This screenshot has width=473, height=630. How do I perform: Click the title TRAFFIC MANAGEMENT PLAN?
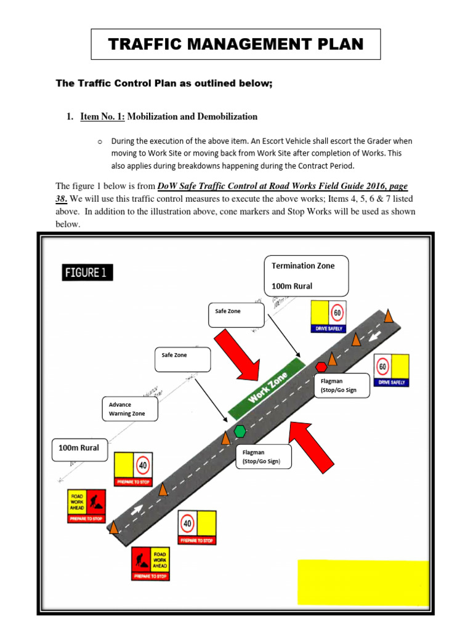(x=236, y=44)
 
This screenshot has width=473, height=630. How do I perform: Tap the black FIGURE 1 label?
(x=87, y=272)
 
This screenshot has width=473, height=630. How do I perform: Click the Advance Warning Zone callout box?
(x=129, y=409)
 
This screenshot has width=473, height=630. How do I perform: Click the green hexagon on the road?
(x=240, y=431)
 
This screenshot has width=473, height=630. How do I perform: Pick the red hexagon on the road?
(x=321, y=367)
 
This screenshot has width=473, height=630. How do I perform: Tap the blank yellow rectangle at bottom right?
(x=363, y=583)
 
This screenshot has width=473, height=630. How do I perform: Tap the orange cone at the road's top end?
(x=389, y=316)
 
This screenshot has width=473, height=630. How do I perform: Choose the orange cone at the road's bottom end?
(x=115, y=527)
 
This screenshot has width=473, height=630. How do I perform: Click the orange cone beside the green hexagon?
(x=226, y=437)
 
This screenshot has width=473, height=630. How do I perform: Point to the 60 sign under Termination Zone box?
(x=328, y=316)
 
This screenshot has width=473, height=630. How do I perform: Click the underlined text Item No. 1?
(x=102, y=116)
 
